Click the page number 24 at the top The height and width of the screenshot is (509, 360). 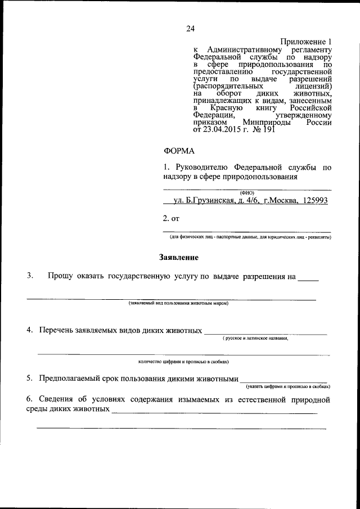click(x=190, y=29)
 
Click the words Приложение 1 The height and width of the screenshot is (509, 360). click(x=307, y=42)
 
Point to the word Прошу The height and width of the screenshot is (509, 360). click(x=61, y=276)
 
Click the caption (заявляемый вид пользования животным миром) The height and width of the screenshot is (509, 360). click(x=178, y=303)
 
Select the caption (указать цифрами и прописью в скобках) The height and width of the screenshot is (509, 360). click(x=287, y=387)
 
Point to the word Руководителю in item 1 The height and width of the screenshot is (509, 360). click(x=201, y=168)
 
